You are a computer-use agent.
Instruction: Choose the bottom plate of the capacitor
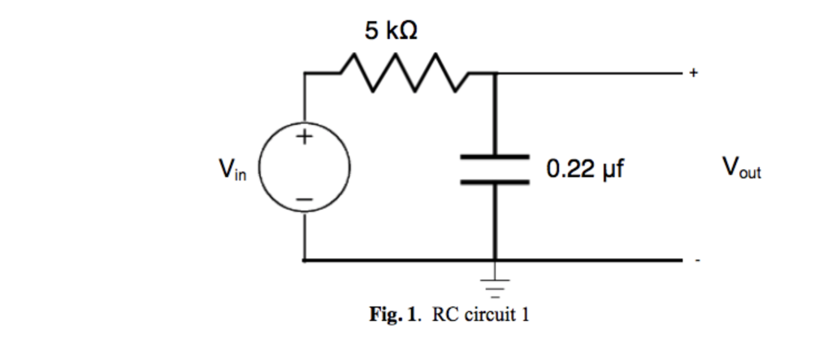[496, 183]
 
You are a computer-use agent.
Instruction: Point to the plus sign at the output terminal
[693, 74]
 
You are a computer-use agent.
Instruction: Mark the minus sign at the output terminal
[696, 262]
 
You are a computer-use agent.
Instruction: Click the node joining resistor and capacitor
[496, 73]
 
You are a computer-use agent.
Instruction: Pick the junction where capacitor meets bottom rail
[496, 261]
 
